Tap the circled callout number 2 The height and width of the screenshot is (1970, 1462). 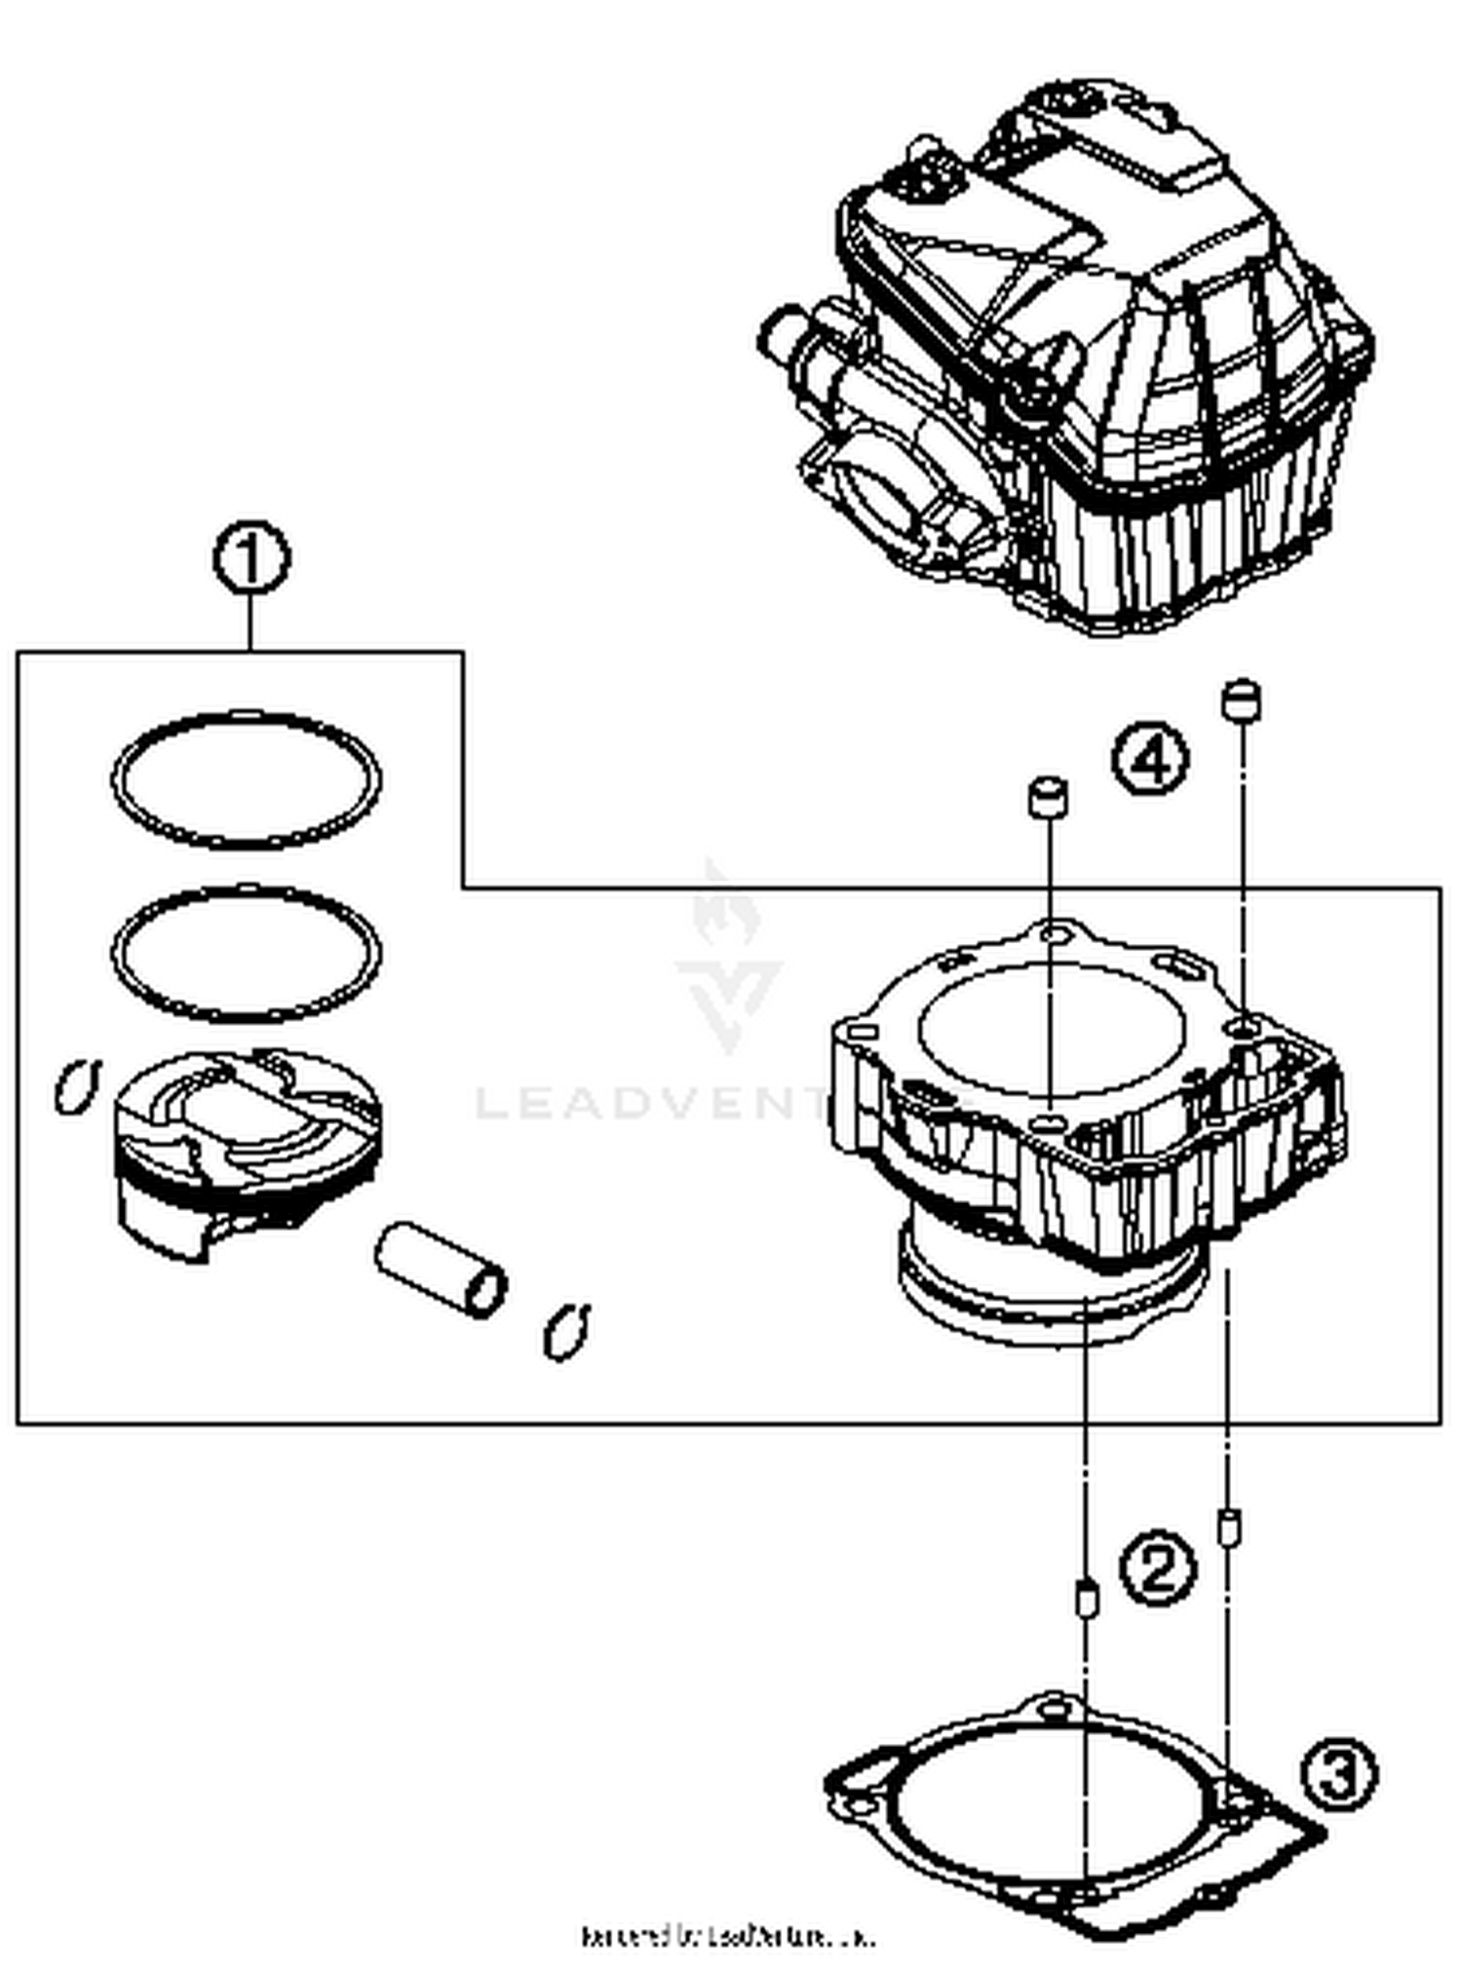point(1156,1568)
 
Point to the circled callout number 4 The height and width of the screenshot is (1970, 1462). point(1151,761)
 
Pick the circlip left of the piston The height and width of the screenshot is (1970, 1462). point(77,1085)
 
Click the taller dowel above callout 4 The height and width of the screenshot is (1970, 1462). point(1241,700)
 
